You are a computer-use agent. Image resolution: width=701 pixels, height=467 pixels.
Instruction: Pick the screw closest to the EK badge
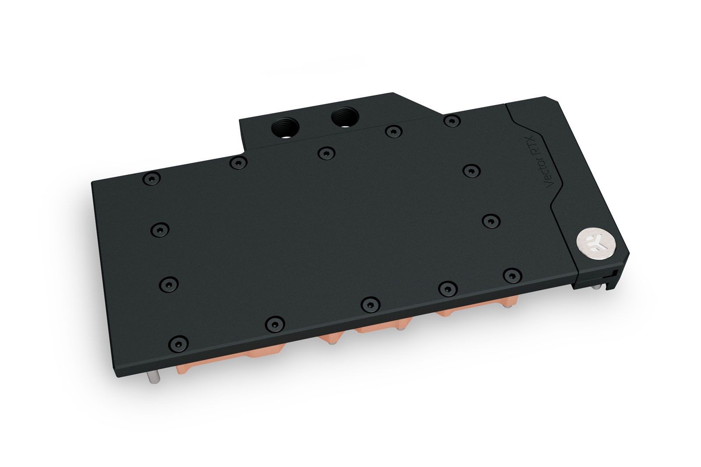pyautogui.click(x=510, y=274)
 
